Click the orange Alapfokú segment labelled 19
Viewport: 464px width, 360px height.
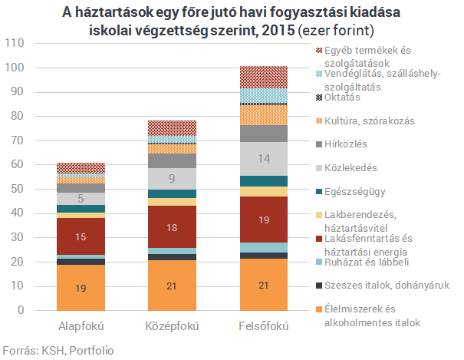tap(81, 288)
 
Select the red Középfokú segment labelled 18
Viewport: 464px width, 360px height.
tap(173, 227)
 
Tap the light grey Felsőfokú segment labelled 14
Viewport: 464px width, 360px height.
tap(264, 159)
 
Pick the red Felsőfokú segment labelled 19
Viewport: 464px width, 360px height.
tap(264, 220)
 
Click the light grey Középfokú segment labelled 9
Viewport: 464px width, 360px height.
tap(173, 179)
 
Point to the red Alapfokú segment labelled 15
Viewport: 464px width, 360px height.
tap(81, 236)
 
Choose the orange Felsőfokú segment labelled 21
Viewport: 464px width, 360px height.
tap(264, 286)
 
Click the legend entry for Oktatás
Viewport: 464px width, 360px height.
tap(346, 98)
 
